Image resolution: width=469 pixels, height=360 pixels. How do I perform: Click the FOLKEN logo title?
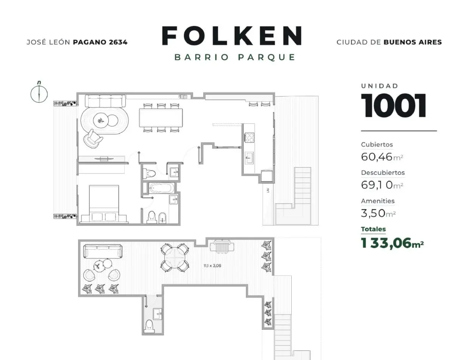pos(232,36)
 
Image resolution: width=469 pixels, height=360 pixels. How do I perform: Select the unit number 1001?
pos(393,105)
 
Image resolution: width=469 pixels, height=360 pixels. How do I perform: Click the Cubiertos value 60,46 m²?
pos(382,157)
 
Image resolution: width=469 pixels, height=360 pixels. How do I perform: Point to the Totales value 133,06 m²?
pos(392,243)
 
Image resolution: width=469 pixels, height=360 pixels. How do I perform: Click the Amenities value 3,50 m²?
pos(378,213)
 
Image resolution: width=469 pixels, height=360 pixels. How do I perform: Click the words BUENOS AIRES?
pos(413,42)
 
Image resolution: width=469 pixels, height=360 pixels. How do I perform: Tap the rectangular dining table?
pos(161,118)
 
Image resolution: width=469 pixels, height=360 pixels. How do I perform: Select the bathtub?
pos(162,188)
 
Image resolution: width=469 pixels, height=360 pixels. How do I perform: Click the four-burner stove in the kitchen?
pos(249,138)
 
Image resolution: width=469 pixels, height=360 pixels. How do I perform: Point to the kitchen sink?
pos(249,158)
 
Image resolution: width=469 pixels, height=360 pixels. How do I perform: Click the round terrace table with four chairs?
pos(175,258)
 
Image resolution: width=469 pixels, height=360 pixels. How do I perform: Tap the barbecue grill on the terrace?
pos(222,246)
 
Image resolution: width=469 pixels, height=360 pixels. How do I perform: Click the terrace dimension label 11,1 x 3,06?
pos(212,266)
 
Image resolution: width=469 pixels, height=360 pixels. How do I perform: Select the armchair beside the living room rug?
pos(93,139)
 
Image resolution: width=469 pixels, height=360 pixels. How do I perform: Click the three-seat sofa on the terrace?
pos(103,251)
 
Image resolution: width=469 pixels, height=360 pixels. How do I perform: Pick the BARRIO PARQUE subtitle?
pos(235,57)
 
